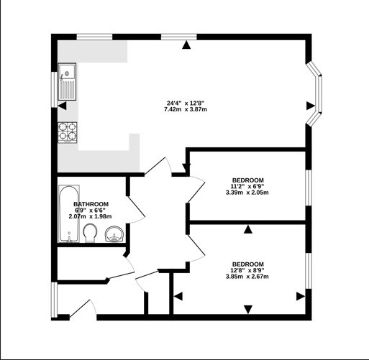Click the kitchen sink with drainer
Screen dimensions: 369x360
[x=68, y=81]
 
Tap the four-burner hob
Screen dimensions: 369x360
[x=68, y=132]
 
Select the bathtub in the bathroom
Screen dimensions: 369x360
[x=69, y=213]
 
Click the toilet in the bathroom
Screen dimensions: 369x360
[x=91, y=233]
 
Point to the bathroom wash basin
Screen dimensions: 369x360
[x=114, y=234]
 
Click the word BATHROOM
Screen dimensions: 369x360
[x=91, y=204]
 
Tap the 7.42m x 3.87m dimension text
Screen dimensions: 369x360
[x=186, y=109]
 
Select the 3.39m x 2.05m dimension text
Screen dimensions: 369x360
[x=247, y=193]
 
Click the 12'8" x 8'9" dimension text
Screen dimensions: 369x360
[x=247, y=270]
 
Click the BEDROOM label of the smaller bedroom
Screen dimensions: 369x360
[x=248, y=180]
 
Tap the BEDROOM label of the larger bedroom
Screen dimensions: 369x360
[x=248, y=264]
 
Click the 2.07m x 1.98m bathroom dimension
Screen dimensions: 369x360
[x=90, y=216]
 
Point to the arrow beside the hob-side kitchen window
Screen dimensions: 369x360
[x=62, y=106]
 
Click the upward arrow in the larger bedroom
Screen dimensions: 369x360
[x=248, y=229]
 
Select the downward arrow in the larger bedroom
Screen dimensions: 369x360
[x=248, y=309]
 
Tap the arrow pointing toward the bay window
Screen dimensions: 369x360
[x=311, y=106]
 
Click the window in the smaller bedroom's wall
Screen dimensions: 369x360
[x=309, y=188]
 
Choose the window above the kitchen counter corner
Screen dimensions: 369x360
[x=94, y=37]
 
